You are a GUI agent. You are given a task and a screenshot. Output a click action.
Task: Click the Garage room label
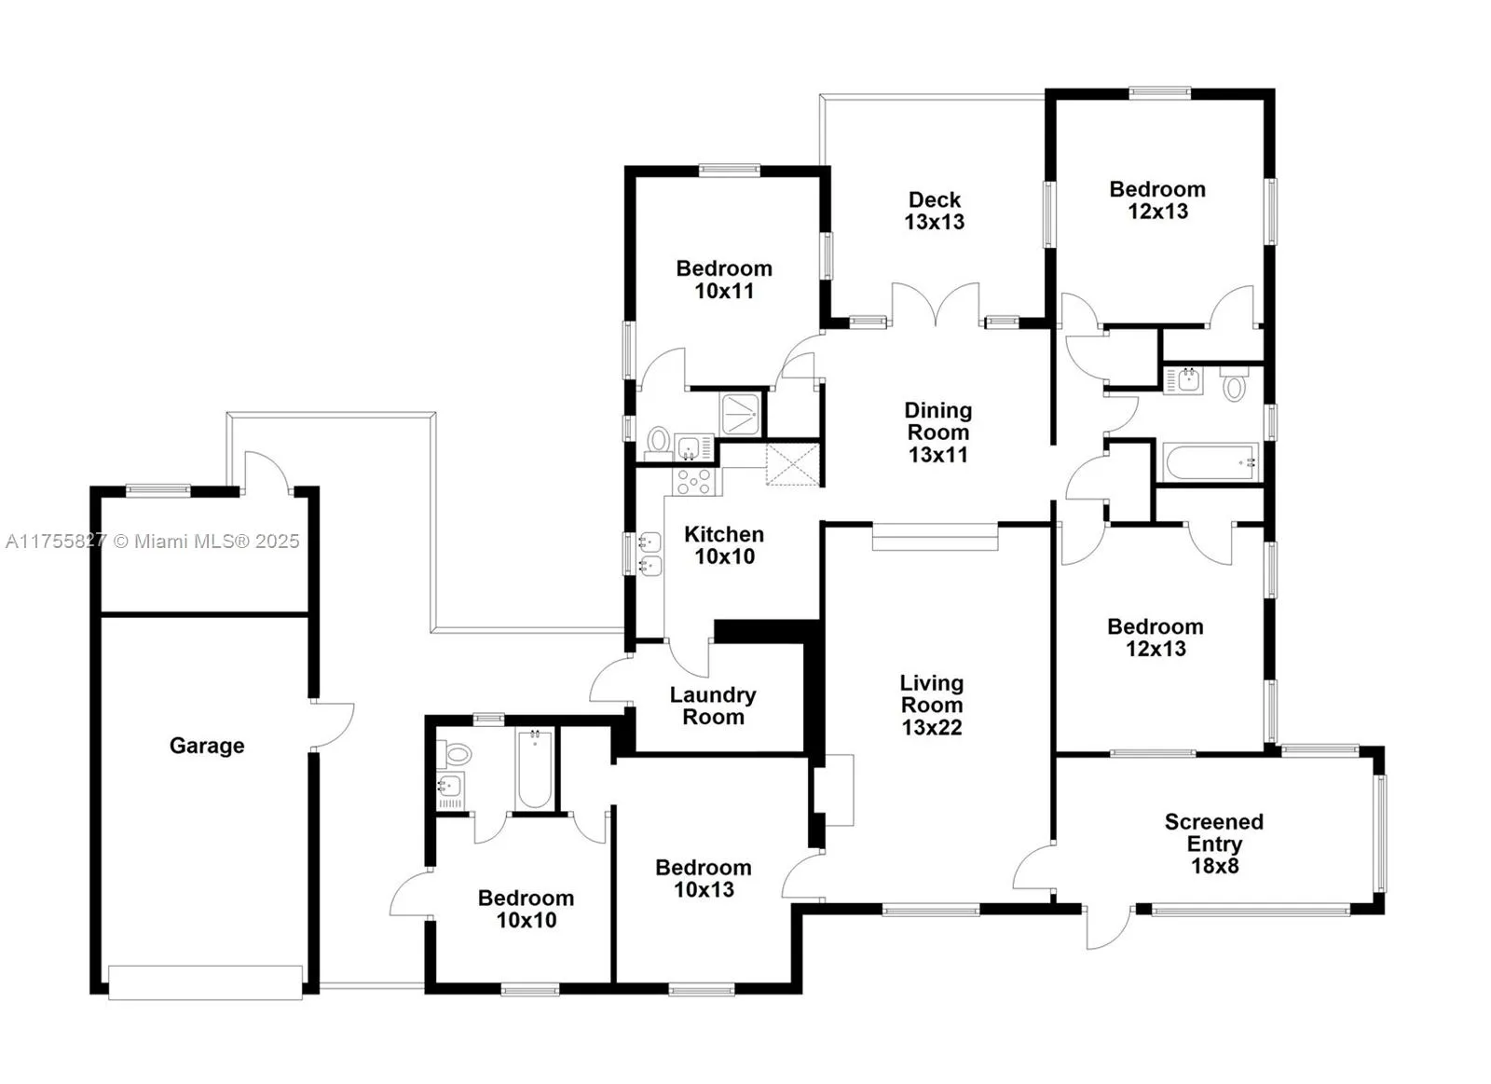coord(207,746)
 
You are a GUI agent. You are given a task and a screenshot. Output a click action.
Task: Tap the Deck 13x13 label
coord(935,211)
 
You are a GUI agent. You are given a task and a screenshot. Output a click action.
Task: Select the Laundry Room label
coord(713,706)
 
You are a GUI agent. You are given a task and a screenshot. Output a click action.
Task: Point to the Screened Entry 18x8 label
coord(1214,844)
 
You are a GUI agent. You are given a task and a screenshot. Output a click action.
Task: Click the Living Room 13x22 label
coord(931,706)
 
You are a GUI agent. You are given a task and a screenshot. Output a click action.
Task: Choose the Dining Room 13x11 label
coord(937,432)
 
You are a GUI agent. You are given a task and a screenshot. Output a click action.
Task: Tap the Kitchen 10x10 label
coord(724,545)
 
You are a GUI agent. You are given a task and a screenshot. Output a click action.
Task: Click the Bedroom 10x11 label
coord(724,280)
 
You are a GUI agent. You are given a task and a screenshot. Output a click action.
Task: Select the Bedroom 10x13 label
coord(704,878)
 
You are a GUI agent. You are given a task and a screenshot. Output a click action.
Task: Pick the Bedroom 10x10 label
coord(526,909)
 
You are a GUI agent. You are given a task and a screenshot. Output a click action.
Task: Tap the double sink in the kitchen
coord(650,554)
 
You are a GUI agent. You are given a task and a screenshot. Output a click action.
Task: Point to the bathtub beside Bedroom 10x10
coord(535,770)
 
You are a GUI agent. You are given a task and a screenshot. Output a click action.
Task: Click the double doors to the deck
coord(936,306)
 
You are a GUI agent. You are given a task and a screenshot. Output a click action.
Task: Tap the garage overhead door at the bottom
coord(205,981)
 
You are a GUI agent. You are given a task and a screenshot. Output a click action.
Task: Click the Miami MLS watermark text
coord(153,542)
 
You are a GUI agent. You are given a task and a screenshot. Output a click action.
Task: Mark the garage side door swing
coord(334,725)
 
